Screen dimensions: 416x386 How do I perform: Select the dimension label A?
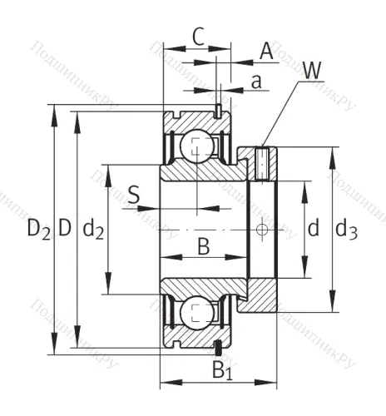pyautogui.click(x=266, y=52)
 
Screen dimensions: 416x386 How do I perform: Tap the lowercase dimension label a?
pyautogui.click(x=256, y=81)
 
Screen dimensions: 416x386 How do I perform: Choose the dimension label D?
pyautogui.click(x=65, y=227)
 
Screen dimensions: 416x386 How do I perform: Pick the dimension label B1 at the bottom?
pyautogui.click(x=222, y=370)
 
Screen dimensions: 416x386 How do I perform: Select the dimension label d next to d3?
pyautogui.click(x=314, y=228)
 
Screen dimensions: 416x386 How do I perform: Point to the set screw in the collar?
pyautogui.click(x=263, y=161)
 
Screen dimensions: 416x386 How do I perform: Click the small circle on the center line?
pyautogui.click(x=263, y=229)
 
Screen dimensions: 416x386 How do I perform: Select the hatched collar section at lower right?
pyautogui.click(x=263, y=295)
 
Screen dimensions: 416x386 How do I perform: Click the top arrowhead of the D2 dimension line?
pyautogui.click(x=55, y=110)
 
